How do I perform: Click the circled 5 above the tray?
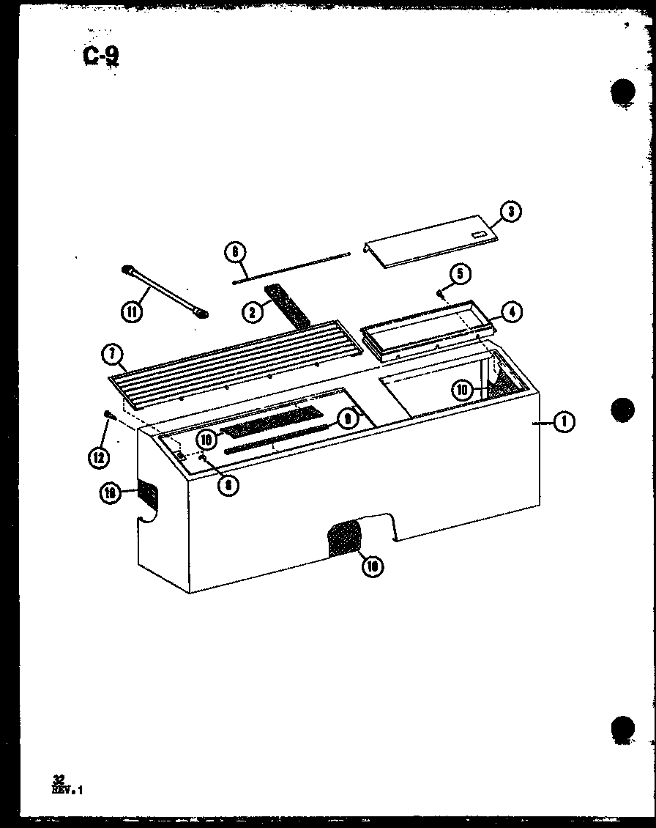click(460, 274)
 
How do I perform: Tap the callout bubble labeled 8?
click(228, 484)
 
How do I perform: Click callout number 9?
click(347, 420)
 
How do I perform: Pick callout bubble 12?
click(98, 458)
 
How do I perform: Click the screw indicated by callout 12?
click(110, 415)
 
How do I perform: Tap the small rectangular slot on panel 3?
click(479, 234)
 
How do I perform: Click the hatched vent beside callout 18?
click(147, 493)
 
